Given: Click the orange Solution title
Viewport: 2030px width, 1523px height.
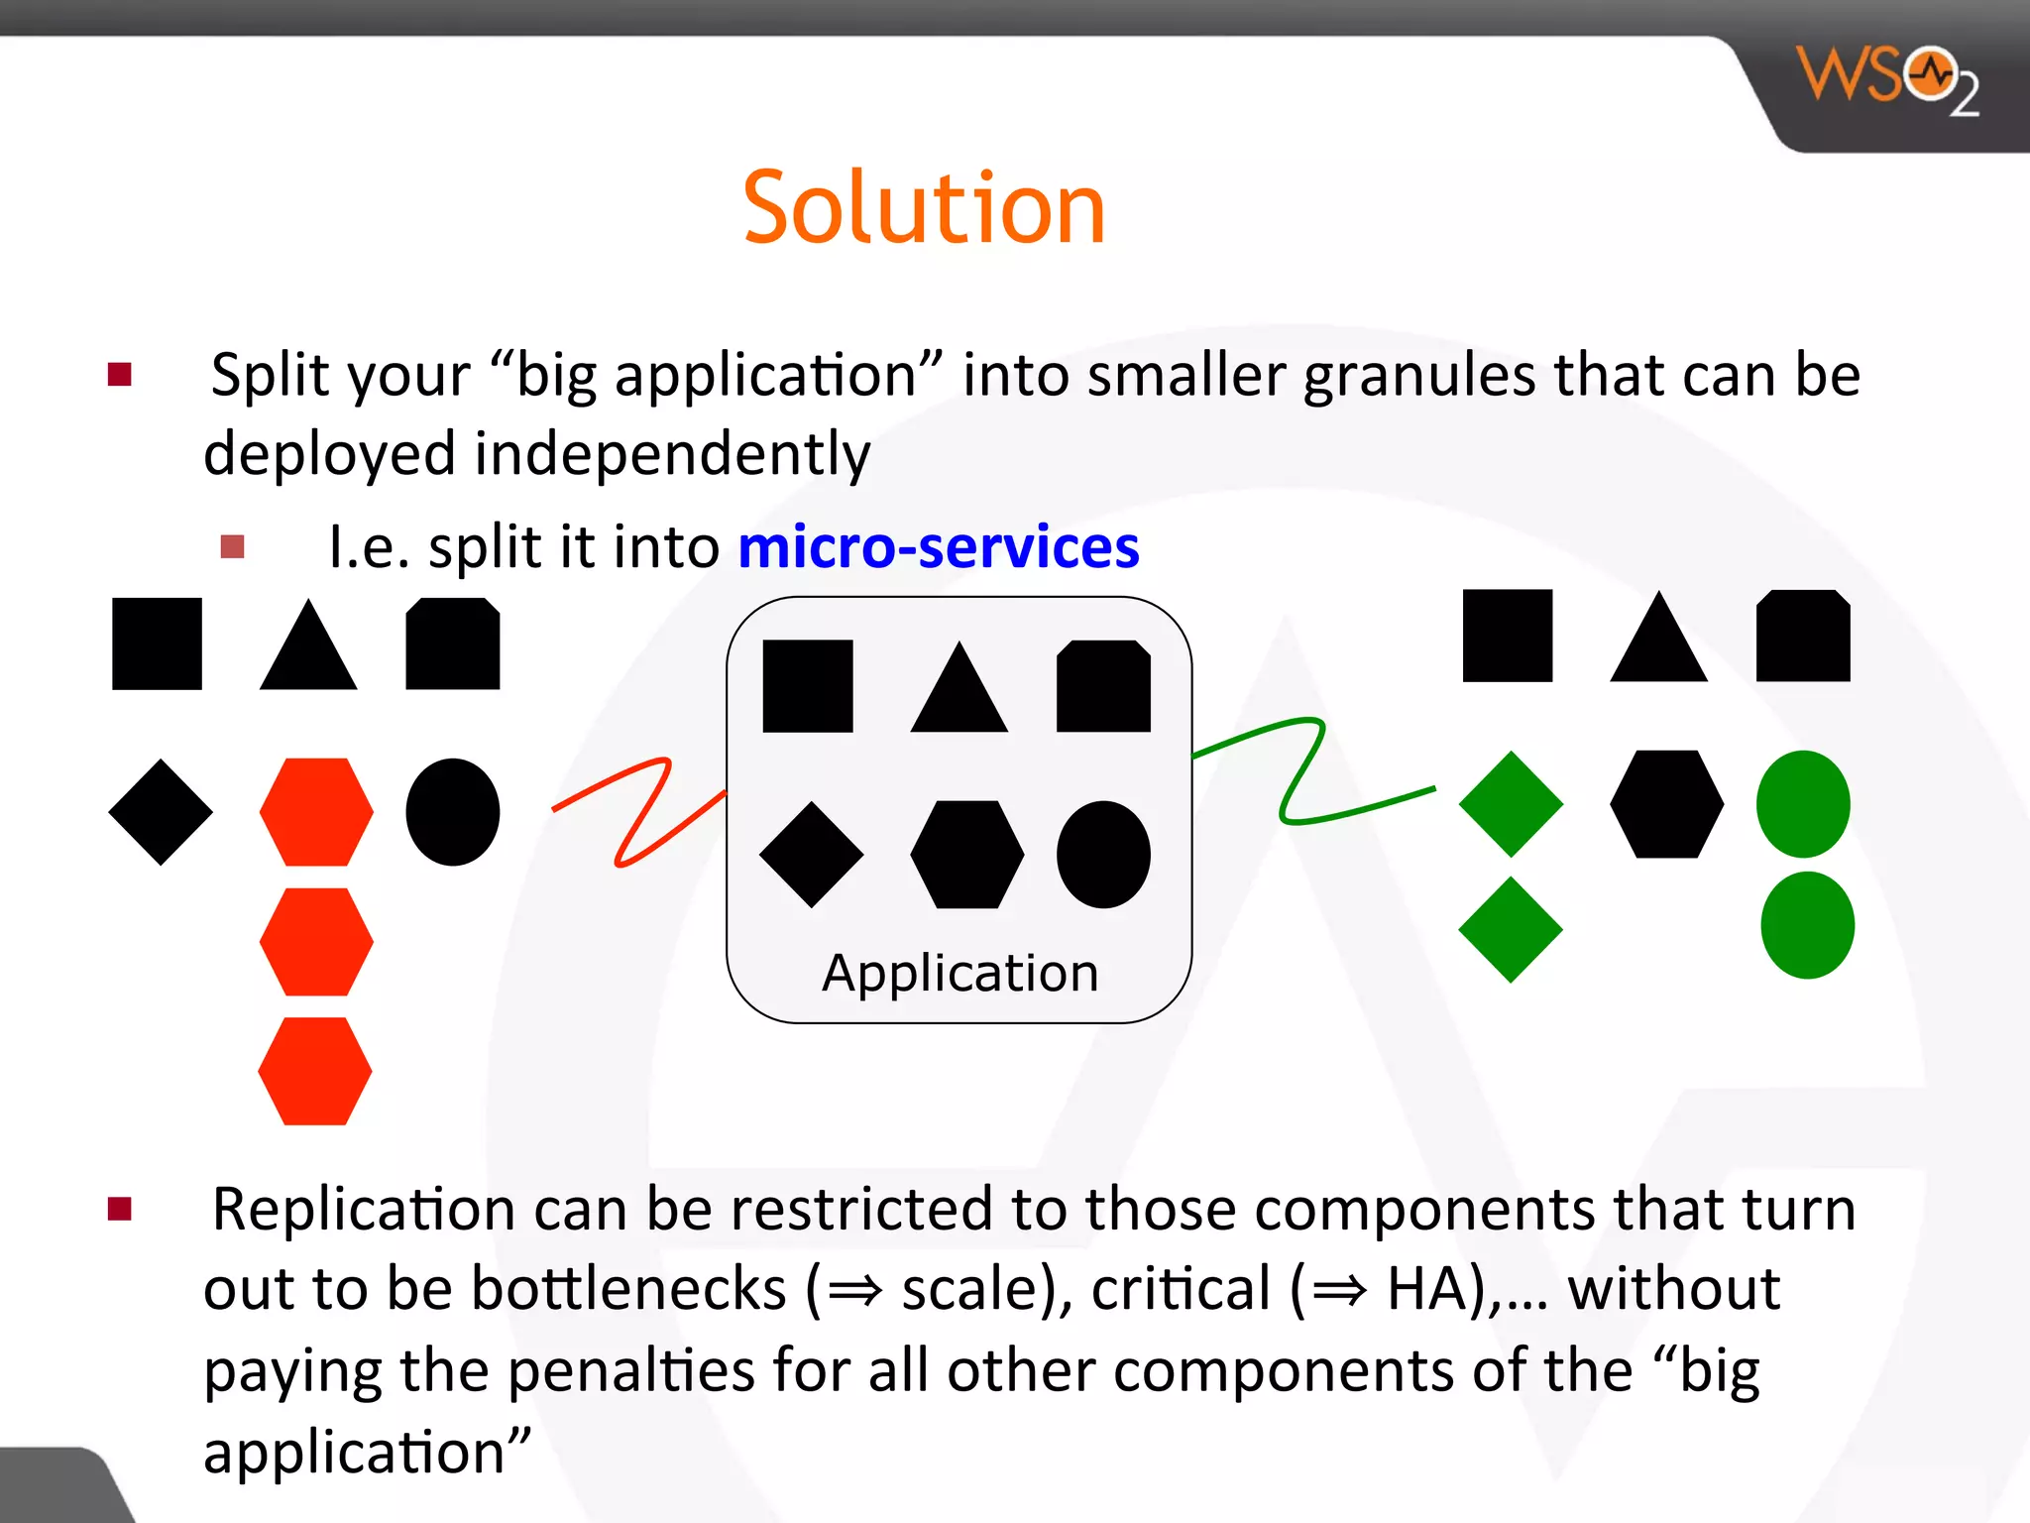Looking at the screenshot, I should point(923,208).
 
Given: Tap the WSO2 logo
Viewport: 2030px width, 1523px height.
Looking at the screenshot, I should point(1886,79).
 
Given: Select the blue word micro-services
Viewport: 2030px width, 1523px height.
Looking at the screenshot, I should point(938,547).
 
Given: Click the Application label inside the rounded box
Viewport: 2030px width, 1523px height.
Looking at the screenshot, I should point(959,973).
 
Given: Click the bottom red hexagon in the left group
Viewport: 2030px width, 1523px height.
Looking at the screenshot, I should point(315,1071).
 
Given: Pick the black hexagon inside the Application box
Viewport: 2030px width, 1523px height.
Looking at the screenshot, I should point(966,854).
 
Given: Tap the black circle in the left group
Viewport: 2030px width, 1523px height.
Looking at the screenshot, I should point(453,812).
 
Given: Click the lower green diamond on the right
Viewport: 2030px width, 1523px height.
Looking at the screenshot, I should point(1510,929).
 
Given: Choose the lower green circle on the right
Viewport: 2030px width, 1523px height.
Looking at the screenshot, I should point(1807,925).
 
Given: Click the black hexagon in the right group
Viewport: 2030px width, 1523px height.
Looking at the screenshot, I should point(1666,804).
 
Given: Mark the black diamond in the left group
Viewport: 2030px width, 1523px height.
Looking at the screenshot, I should point(161,812).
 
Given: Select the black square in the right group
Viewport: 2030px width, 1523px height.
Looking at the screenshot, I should point(1507,636).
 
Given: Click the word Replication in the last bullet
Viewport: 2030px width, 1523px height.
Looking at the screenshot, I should point(363,1210).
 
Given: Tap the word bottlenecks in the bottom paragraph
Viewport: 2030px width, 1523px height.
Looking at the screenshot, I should point(628,1289).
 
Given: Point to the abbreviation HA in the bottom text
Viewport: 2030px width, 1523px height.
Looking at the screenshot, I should point(1427,1289).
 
